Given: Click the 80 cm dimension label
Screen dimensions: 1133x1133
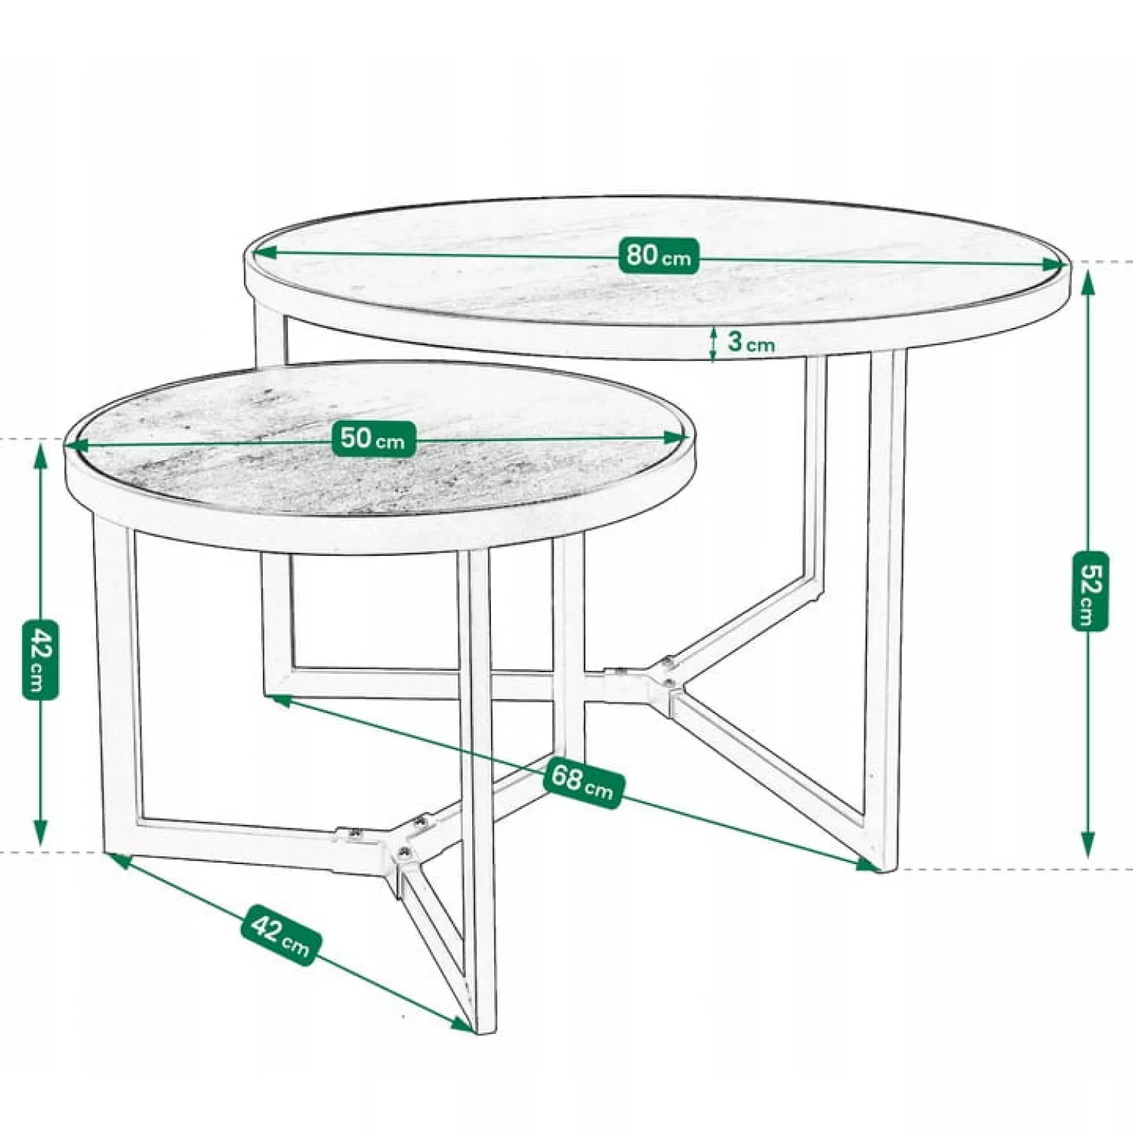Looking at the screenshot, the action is [658, 255].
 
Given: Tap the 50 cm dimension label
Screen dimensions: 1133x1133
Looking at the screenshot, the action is [373, 438].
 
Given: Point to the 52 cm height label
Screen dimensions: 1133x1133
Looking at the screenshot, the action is [1089, 591].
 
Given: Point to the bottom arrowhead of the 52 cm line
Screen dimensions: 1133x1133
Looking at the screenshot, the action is [1088, 846].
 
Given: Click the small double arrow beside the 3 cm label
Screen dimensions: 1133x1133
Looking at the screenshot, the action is [712, 344].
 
